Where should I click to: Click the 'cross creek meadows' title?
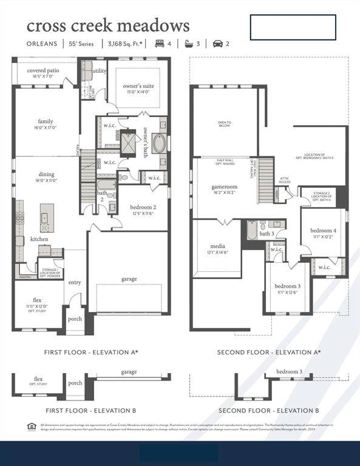pos(108,26)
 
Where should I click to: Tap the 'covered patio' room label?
pos(43,70)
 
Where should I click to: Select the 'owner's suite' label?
pos(138,86)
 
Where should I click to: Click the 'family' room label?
pos(46,121)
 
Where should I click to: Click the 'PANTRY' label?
pos(25,277)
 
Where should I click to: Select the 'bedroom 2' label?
pos(143,208)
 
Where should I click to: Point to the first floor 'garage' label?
pos(129,279)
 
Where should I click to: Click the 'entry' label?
pos(75,282)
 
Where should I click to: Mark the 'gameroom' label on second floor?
pos(224,187)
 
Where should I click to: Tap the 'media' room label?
pos(218,246)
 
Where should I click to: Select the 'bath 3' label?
pos(267,234)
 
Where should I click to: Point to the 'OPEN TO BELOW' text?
pos(225,124)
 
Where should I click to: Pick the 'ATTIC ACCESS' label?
pos(285,181)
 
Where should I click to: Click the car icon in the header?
pos(217,44)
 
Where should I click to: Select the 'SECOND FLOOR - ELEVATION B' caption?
pos(268,411)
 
